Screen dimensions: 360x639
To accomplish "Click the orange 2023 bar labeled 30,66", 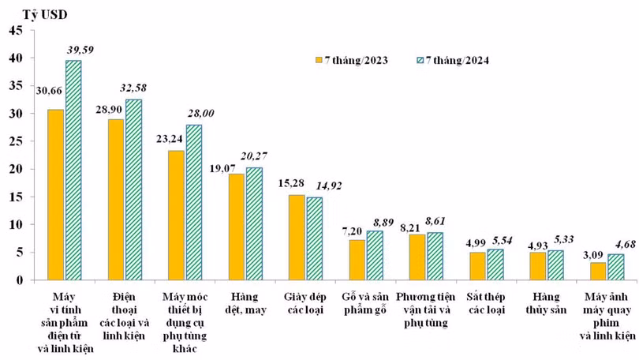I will (55, 194).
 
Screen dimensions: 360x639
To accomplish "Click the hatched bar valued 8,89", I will (375, 255).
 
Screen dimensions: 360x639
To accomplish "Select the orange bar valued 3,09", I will (598, 271).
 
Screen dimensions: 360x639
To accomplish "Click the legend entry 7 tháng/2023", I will (351, 60).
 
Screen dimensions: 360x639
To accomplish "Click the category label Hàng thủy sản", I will (545, 303).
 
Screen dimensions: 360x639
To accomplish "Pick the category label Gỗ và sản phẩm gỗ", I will (366, 303).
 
